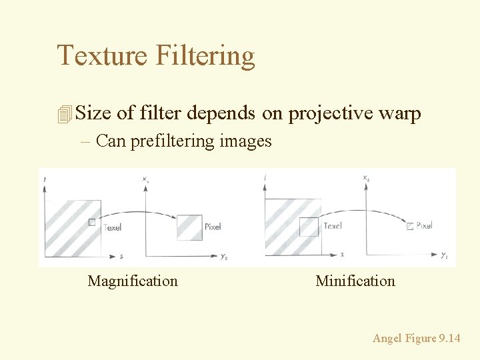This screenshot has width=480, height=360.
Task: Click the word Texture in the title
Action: coord(103,55)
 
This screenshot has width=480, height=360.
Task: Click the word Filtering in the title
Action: coord(205,57)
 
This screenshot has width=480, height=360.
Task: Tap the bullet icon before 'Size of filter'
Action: coord(64,114)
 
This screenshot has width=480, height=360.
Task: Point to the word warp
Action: coord(399,114)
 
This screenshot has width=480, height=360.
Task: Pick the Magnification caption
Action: coord(133,281)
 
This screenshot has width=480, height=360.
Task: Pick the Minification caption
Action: coord(355,281)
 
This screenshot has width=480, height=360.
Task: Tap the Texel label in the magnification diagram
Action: coord(112,227)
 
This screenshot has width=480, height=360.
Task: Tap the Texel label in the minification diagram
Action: coord(332,226)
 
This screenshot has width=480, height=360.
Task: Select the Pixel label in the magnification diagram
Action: coord(213,227)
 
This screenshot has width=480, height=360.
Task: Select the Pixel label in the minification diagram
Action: coord(424,225)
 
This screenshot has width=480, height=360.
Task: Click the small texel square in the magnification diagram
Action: coord(92,223)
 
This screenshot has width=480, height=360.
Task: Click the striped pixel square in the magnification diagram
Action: coord(189,227)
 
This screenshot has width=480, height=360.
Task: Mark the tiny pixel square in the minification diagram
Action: coord(409,226)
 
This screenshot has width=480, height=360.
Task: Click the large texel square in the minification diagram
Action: coord(309,227)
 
